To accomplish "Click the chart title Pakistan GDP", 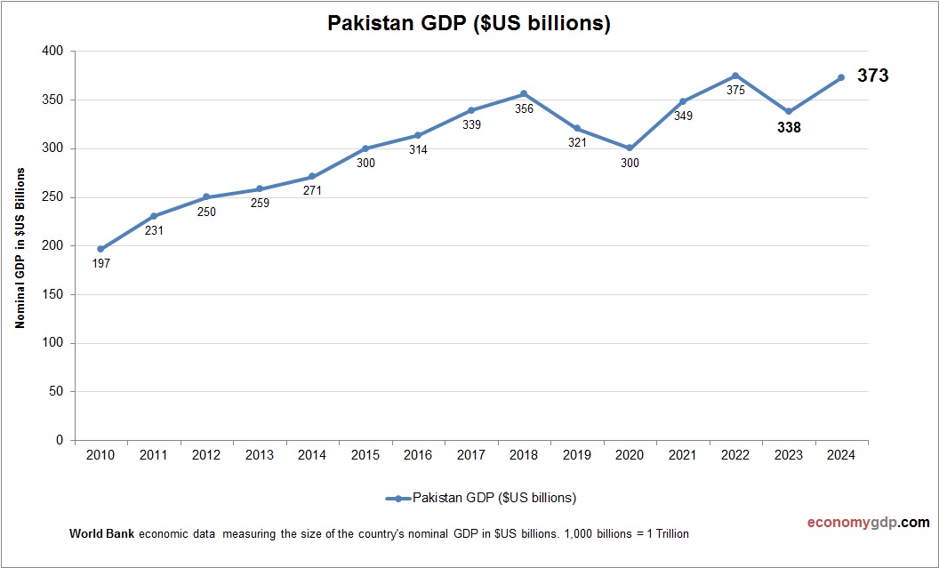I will (469, 24).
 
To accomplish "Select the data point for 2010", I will (100, 249).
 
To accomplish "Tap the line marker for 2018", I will (524, 93).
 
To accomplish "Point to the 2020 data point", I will (630, 148).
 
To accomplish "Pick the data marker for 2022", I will (735, 76).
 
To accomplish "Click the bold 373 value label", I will (872, 76).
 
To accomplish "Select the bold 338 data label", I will (789, 128).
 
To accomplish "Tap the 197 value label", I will (100, 264).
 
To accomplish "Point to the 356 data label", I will (524, 109).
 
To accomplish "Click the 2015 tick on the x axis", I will (365, 455).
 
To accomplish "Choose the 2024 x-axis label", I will (841, 455).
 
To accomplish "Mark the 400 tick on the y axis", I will (53, 52).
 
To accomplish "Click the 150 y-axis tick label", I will (53, 294).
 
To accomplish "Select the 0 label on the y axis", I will (60, 440).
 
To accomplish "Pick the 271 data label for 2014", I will (312, 191).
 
